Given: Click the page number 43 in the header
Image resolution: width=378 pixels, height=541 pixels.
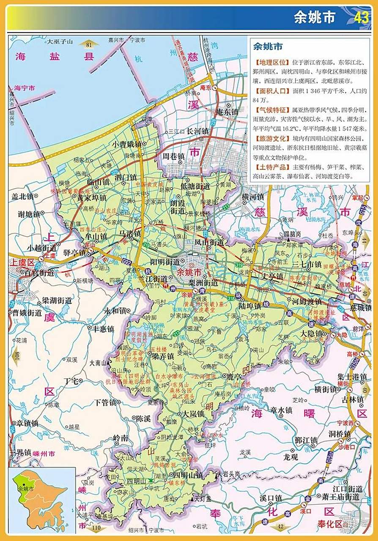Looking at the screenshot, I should coord(362,18).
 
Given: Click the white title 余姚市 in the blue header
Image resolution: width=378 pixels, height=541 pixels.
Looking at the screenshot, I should coord(315,17).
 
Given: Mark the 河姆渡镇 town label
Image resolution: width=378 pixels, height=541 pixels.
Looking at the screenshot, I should coord(307,302).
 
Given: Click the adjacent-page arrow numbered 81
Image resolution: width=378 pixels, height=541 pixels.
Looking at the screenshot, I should coord(89,44).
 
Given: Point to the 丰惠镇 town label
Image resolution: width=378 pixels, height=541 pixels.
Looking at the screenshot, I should coord(103,329).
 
